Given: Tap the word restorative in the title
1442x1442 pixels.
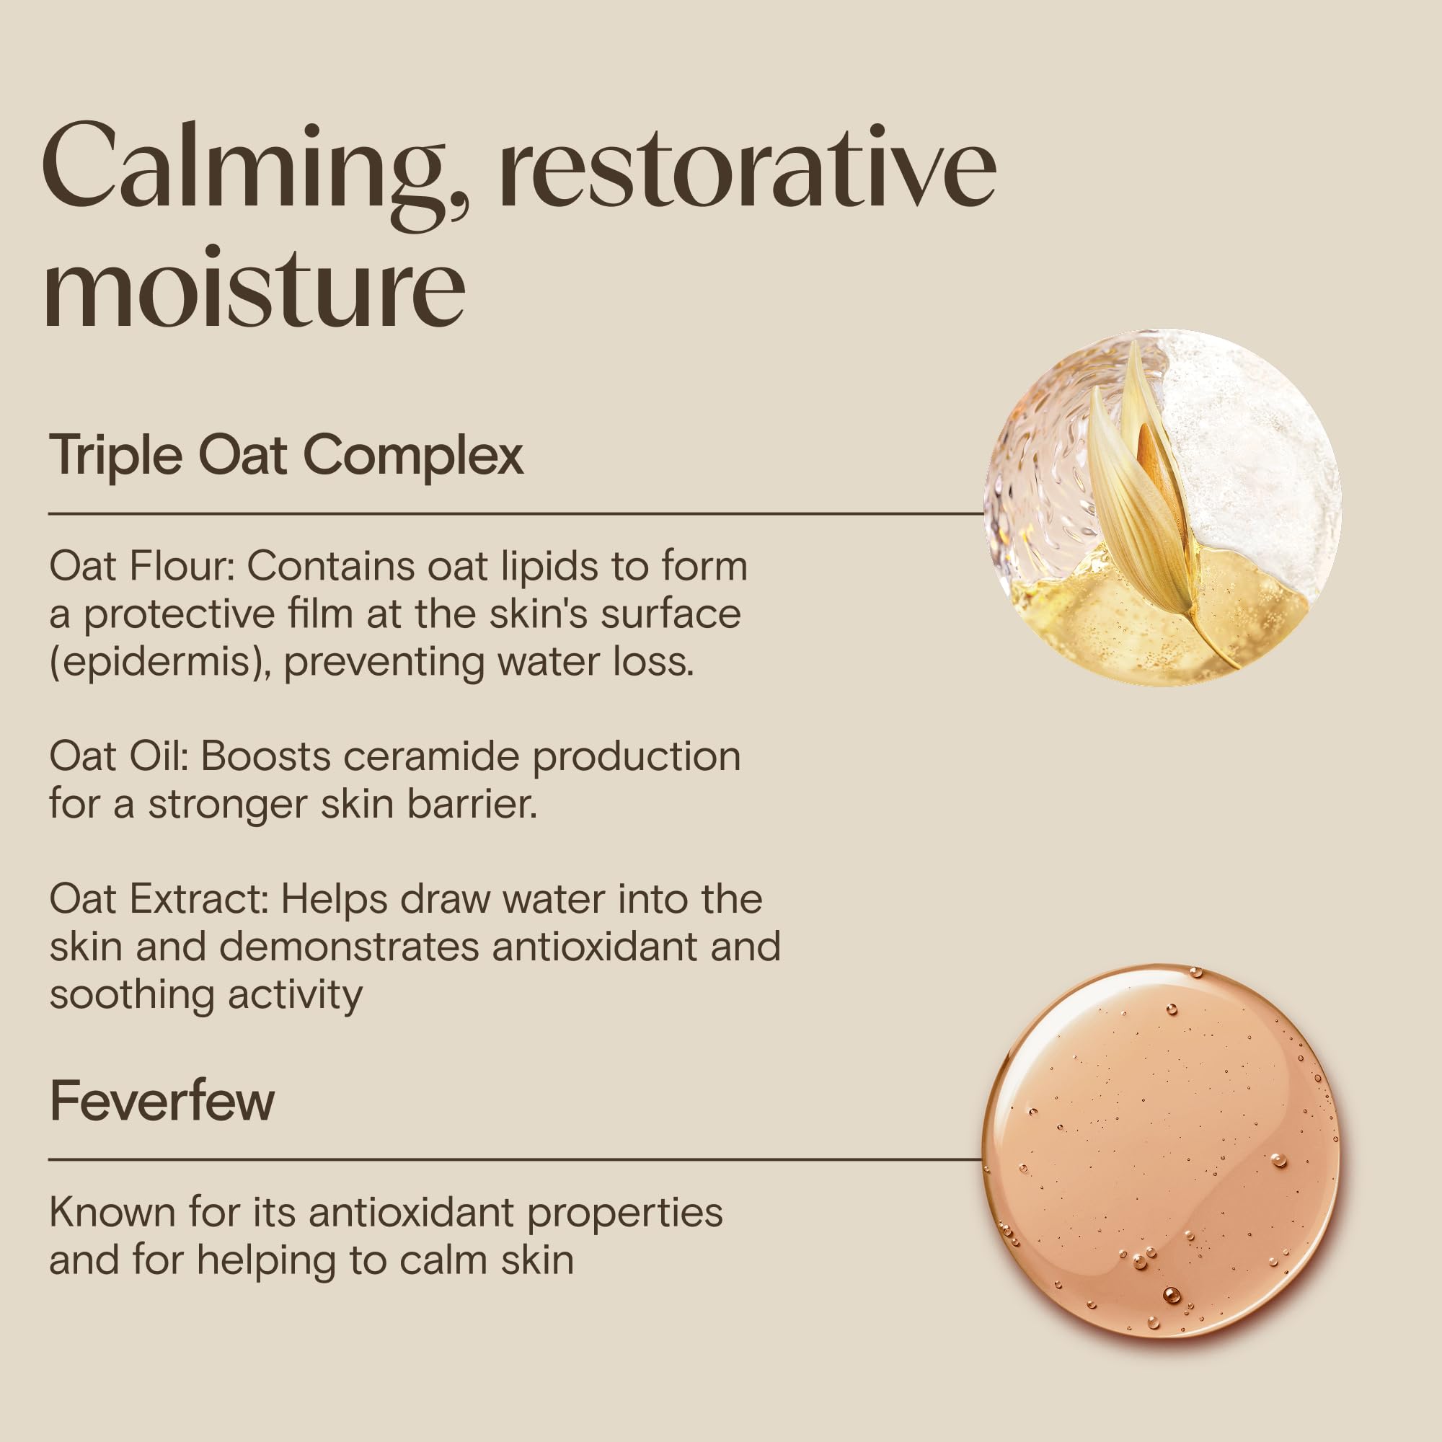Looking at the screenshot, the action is click(x=748, y=166).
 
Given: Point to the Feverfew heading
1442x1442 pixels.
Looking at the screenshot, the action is click(x=162, y=1100).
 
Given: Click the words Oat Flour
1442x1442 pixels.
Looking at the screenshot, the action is click(x=142, y=567).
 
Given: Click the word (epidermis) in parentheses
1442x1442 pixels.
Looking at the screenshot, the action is click(x=160, y=663).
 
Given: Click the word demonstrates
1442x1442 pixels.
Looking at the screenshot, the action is click(x=348, y=947).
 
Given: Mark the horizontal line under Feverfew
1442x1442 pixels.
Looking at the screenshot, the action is click(x=515, y=1159).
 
